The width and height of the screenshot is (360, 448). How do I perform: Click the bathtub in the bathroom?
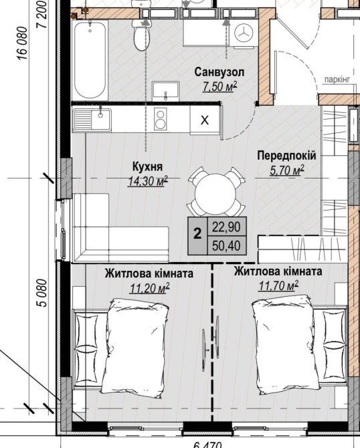click(91, 60)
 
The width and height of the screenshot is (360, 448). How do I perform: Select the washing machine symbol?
click(244, 33)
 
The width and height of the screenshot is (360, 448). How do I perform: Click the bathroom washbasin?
click(165, 91)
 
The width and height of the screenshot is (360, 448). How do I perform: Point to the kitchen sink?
click(92, 120)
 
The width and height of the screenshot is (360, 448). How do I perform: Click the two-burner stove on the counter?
click(160, 120)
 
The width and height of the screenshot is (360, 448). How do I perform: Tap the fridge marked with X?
click(205, 120)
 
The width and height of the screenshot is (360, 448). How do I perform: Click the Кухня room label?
click(147, 166)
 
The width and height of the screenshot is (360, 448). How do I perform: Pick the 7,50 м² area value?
click(220, 86)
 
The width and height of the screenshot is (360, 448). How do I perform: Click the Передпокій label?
click(286, 156)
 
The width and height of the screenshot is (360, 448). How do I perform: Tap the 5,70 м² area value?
click(287, 171)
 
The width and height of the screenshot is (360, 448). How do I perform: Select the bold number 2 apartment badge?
click(197, 234)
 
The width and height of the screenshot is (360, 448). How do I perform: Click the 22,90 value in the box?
click(226, 227)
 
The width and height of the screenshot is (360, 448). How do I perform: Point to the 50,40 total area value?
click(226, 245)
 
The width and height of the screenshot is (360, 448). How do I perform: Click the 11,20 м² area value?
click(150, 288)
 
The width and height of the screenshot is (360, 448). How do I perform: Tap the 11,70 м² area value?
click(278, 286)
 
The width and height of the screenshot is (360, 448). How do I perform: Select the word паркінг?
click(337, 80)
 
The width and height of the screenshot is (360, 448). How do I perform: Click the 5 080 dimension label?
click(42, 293)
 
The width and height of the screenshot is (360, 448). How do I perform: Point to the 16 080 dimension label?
click(22, 43)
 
